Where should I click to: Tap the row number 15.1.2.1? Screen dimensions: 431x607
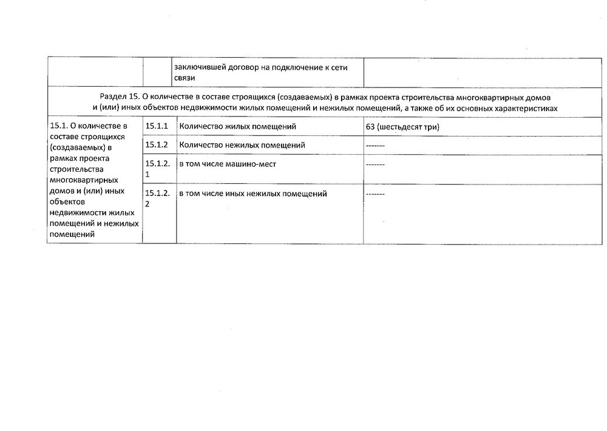157,169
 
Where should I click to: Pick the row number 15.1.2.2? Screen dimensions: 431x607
157,199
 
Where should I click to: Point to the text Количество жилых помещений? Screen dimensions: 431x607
237,127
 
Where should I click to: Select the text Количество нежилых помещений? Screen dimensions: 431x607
242,145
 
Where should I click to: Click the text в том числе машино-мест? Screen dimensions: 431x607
227,164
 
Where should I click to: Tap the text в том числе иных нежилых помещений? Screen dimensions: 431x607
253,194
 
